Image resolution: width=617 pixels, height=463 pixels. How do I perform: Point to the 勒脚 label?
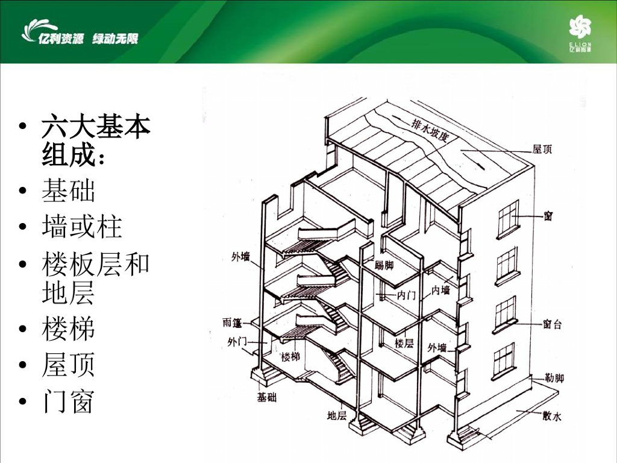[554, 379]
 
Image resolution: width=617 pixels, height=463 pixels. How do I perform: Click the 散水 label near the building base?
[551, 417]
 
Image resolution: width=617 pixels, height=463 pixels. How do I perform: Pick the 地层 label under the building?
[336, 415]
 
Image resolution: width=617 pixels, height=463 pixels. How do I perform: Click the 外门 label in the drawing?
[237, 342]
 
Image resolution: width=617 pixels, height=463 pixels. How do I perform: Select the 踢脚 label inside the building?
[384, 265]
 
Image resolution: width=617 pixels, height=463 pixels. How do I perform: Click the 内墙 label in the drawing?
[440, 291]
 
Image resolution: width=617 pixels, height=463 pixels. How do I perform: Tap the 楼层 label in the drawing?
[404, 343]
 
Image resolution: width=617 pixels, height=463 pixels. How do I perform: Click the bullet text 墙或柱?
[82, 227]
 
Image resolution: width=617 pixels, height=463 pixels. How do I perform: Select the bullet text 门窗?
[68, 401]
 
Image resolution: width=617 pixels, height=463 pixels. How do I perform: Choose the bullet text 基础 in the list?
[68, 191]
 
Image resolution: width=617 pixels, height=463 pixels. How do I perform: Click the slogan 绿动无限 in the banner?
[115, 39]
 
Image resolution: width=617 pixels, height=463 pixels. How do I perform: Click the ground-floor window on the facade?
[503, 361]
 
